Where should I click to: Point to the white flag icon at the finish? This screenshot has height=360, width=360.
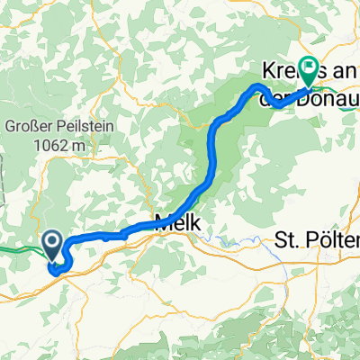point(310,66)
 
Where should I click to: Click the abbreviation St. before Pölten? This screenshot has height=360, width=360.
point(287,239)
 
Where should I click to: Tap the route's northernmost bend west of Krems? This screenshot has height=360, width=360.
point(259,85)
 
